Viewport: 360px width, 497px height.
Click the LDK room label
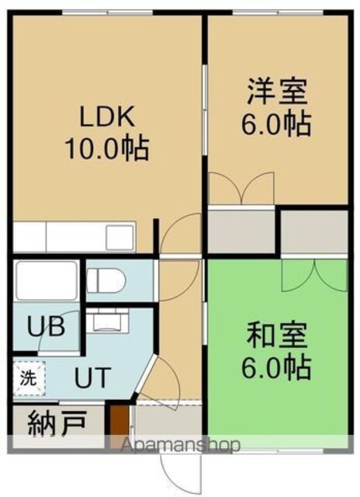point(107,116)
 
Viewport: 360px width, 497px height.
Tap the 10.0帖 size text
point(107,148)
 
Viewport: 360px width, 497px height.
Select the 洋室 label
point(277,91)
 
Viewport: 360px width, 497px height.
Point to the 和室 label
point(277,335)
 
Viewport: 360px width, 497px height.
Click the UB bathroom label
point(47,326)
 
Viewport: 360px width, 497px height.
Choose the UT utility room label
point(92,377)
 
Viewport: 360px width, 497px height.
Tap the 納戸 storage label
point(57,423)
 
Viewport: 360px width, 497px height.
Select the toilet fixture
point(106,281)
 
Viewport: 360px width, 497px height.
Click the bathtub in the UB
point(47,280)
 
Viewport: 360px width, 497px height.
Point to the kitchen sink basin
point(119,237)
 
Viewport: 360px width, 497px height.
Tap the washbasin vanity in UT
point(107,320)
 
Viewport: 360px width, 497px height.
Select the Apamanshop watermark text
point(181,445)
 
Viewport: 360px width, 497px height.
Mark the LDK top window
point(107,12)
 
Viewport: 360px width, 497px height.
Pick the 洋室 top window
point(278,12)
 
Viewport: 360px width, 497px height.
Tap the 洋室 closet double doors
point(241,189)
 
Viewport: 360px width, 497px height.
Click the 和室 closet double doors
point(314,275)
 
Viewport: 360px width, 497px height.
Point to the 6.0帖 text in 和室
point(275,367)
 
